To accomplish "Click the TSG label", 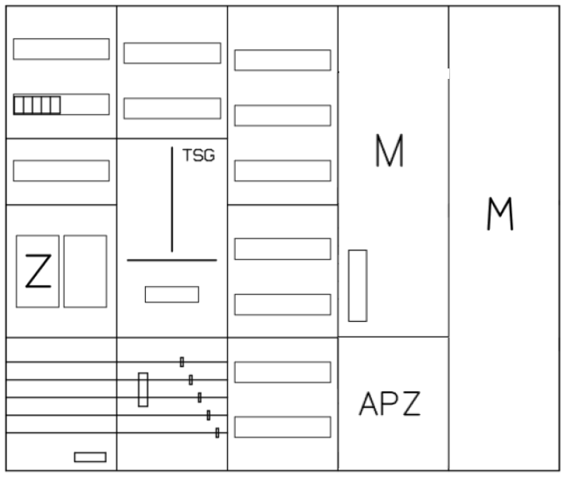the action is click(198, 155).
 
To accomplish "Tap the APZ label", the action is click(390, 404).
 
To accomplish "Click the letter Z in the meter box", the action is click(38, 271).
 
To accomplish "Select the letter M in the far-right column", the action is click(500, 213).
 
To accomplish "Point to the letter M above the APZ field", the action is click(390, 151).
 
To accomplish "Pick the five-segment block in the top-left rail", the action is click(37, 105).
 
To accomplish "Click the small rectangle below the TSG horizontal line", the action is click(172, 294).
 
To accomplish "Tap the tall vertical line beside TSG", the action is click(172, 199).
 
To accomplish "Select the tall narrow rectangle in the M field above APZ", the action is click(358, 285).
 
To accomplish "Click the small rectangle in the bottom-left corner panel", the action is click(90, 457).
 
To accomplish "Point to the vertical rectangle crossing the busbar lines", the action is click(143, 389).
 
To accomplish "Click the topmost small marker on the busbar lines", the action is click(182, 362).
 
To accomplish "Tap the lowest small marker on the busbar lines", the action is click(217, 433).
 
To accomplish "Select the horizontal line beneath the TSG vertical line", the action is click(172, 260).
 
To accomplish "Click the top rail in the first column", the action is click(61, 49).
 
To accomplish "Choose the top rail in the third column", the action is click(283, 61).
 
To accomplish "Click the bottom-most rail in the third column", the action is click(283, 427).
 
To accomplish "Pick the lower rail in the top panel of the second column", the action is click(172, 108).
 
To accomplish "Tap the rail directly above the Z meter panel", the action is click(61, 170).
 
